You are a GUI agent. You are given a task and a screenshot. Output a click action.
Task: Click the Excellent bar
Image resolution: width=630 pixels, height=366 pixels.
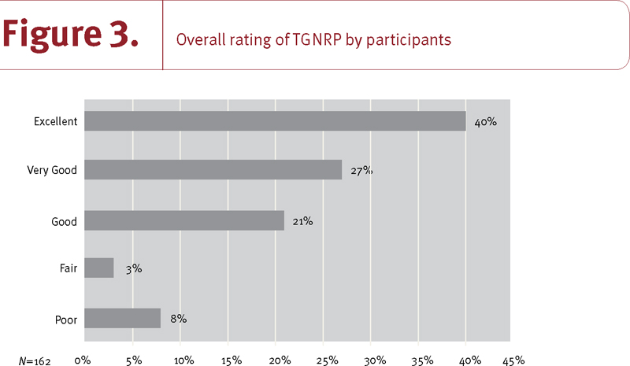click(x=274, y=121)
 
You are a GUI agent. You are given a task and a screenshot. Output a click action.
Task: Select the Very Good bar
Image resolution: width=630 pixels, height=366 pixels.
click(x=213, y=170)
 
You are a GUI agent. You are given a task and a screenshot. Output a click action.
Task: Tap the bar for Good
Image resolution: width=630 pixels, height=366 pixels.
click(x=183, y=220)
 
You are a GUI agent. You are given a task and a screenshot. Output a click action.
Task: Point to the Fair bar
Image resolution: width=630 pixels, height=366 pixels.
click(x=98, y=268)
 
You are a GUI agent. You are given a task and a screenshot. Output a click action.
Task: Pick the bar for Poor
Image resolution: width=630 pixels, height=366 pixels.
click(x=122, y=318)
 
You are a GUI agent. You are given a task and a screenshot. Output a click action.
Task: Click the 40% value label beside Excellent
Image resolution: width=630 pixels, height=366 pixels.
click(x=486, y=122)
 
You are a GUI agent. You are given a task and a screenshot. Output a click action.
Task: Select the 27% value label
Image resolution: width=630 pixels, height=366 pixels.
click(x=360, y=171)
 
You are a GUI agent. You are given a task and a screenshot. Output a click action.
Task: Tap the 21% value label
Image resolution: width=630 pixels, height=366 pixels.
click(x=302, y=221)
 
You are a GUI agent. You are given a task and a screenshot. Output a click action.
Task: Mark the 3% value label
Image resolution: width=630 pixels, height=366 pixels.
click(x=133, y=269)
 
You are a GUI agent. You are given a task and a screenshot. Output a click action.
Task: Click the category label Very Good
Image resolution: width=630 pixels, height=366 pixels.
click(x=52, y=172)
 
